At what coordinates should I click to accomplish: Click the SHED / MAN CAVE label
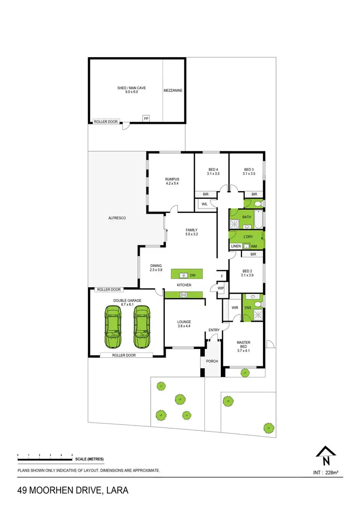click(x=131, y=88)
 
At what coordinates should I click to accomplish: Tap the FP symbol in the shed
click(x=146, y=118)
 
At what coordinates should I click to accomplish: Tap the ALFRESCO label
click(x=117, y=218)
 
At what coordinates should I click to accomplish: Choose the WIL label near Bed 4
click(x=204, y=204)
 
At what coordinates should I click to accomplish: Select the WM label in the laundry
click(x=254, y=246)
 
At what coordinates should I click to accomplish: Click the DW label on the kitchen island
click(x=192, y=275)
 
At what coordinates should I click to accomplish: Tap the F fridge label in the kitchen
click(x=222, y=277)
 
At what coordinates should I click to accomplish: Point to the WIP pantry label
click(x=221, y=288)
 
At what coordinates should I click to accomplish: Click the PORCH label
click(x=212, y=361)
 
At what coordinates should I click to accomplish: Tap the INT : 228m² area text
click(x=325, y=473)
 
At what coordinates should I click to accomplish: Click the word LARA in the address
click(x=116, y=491)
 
